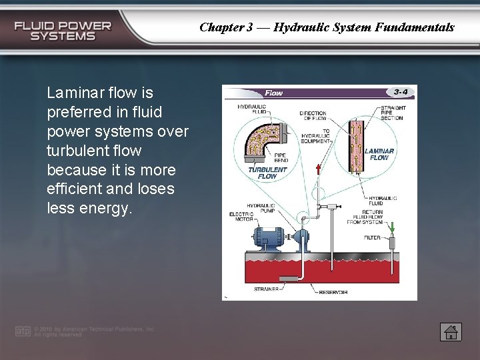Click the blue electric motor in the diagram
click(266, 236)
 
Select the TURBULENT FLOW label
click(267, 173)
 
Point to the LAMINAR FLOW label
click(379, 155)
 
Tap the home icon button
click(451, 331)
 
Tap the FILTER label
click(373, 237)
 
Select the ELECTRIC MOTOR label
click(242, 217)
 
